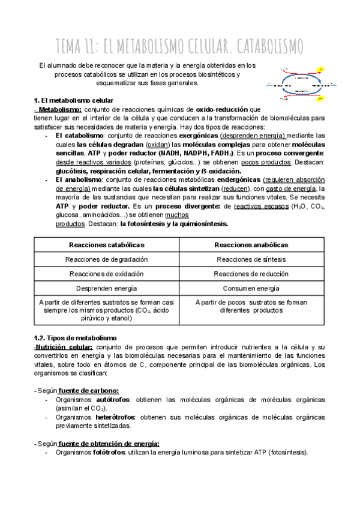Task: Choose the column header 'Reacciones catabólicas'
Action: tap(107, 244)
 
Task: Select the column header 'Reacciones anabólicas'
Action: tap(252, 244)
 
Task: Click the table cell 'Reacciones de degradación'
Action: tap(107, 259)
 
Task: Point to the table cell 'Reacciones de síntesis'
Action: tap(252, 259)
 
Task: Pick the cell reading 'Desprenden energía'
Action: tap(107, 289)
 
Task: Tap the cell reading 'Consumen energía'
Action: tap(252, 289)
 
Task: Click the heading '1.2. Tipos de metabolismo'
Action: tap(74, 339)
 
